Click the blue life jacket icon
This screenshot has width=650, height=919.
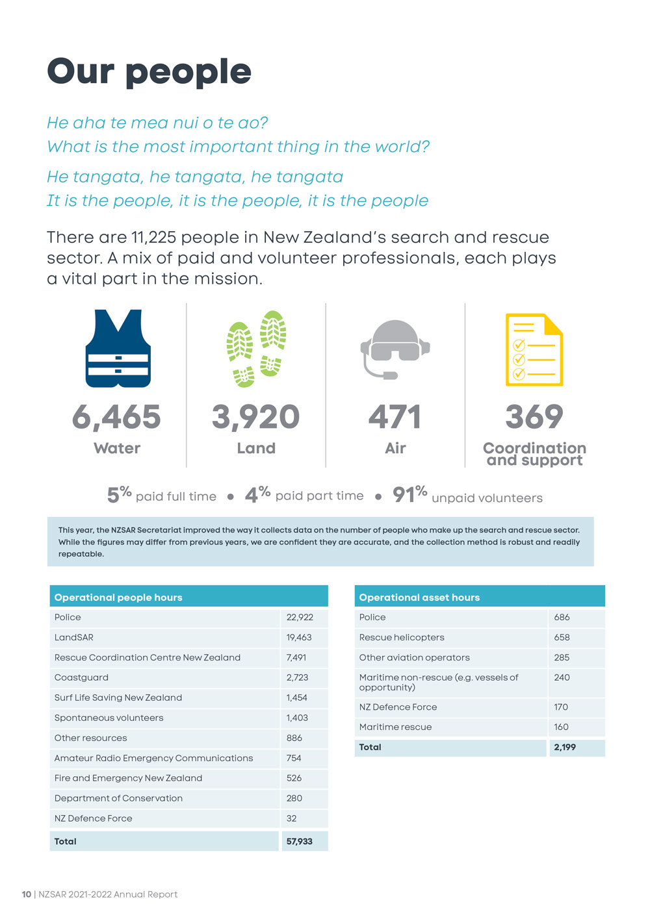(118, 348)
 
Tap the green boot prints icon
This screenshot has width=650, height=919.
(256, 349)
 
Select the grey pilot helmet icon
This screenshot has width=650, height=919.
(395, 349)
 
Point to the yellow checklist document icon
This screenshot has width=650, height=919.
(534, 349)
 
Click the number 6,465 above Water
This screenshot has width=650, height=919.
(116, 417)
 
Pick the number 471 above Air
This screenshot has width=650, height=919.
(395, 417)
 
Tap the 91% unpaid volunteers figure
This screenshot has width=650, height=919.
(467, 495)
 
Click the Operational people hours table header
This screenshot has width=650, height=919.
(118, 598)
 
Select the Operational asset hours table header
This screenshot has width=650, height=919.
(419, 598)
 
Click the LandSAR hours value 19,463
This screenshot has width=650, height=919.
(299, 637)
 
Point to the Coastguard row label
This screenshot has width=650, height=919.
(81, 677)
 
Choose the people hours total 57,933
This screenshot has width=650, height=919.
(300, 841)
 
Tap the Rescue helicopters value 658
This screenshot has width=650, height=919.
(562, 637)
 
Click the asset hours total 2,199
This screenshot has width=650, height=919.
(565, 747)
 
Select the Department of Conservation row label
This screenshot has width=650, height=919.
(118, 798)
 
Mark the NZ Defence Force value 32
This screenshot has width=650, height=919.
(292, 818)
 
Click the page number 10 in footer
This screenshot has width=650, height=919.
(26, 894)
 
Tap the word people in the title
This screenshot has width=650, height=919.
(188, 73)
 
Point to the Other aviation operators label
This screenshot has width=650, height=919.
(414, 657)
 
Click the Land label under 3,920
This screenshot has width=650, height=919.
(256, 448)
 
